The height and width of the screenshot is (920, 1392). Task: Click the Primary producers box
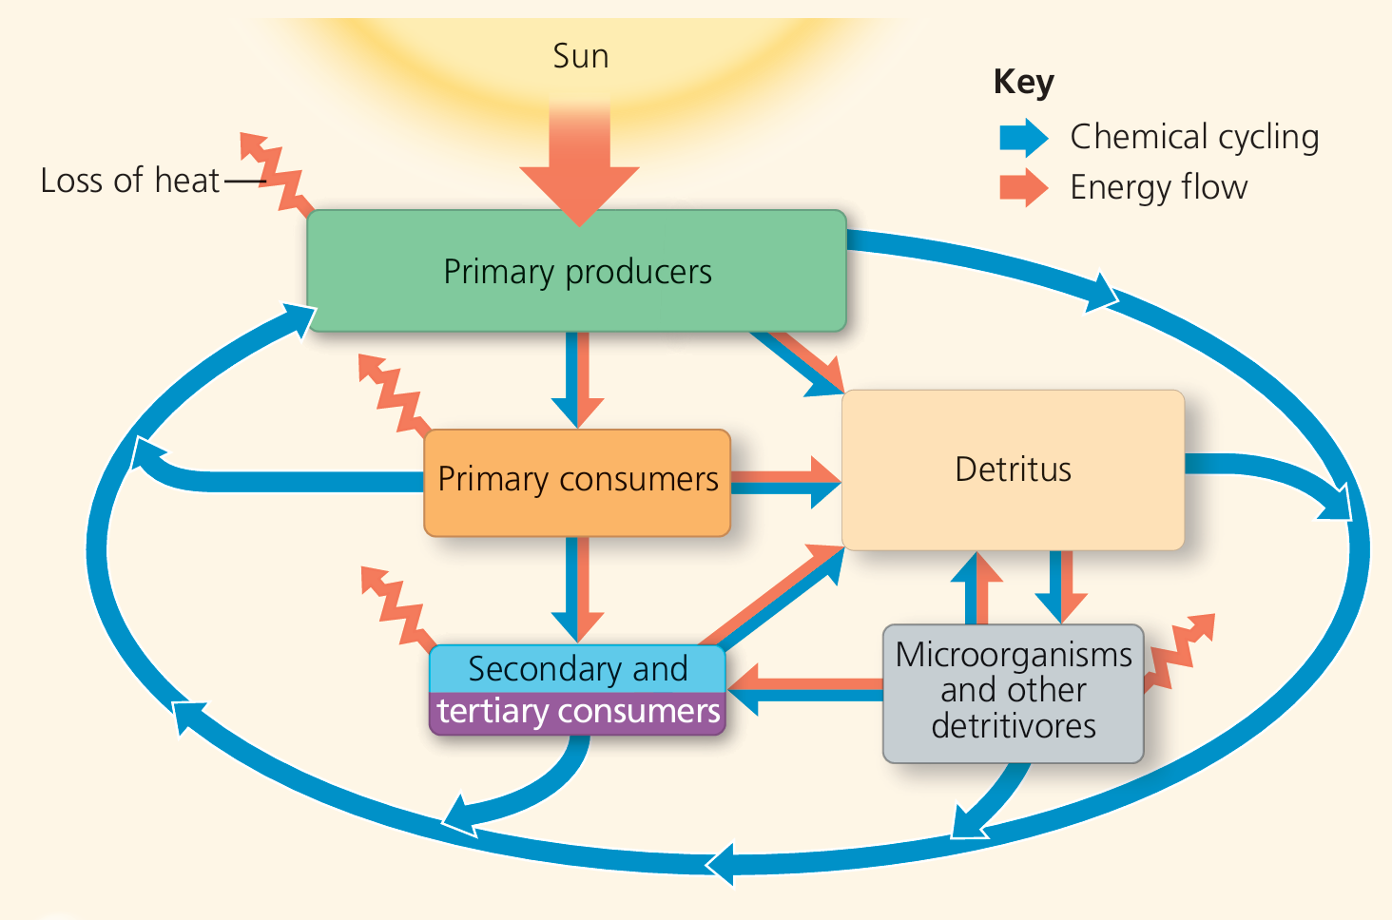(x=576, y=271)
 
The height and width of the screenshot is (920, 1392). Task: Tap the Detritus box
(x=1013, y=470)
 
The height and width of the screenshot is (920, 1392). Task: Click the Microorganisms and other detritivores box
(x=1013, y=692)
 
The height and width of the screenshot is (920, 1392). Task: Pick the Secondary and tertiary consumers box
(x=577, y=690)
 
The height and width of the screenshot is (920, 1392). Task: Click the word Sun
(x=580, y=56)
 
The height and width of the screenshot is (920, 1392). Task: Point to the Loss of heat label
(x=129, y=181)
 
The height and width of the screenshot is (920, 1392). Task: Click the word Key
(x=1023, y=82)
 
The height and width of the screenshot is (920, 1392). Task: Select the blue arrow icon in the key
(x=1023, y=138)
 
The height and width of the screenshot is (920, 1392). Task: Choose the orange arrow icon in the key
(x=1023, y=187)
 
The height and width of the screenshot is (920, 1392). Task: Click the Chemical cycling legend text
(x=1194, y=137)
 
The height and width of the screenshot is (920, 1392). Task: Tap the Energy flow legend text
(x=1158, y=187)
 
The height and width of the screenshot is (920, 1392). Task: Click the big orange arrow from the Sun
(x=579, y=166)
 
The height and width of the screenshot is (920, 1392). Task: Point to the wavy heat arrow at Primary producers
(x=277, y=173)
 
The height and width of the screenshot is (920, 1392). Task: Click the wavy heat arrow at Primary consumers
(x=394, y=394)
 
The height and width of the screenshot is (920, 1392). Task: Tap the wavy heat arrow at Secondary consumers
(x=397, y=606)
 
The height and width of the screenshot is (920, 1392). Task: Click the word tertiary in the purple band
(x=493, y=712)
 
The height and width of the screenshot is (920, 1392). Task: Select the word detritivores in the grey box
(x=1013, y=726)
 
